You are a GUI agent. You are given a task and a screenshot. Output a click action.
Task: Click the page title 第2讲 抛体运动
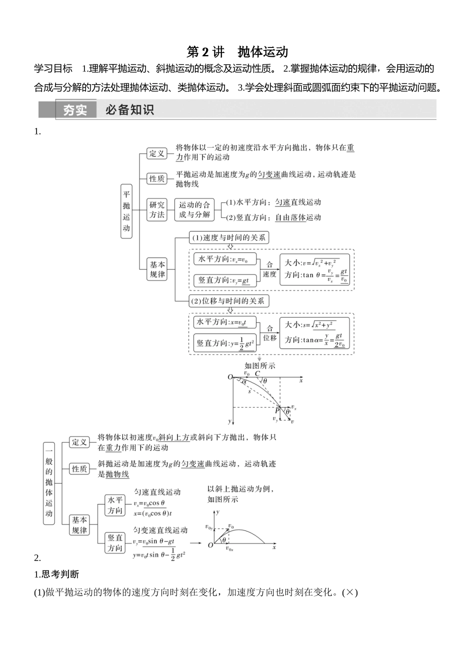click(237, 52)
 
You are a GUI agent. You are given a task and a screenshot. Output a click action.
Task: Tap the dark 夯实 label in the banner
click(75, 110)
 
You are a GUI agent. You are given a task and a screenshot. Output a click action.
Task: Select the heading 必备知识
click(129, 110)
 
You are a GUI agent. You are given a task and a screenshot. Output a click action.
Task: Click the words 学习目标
click(53, 68)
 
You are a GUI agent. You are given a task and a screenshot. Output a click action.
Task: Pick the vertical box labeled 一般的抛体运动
click(48, 483)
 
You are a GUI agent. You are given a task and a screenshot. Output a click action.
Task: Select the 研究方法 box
click(156, 209)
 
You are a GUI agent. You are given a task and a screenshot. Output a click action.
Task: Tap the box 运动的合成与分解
click(194, 209)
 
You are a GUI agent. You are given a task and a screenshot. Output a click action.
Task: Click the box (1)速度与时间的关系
click(228, 237)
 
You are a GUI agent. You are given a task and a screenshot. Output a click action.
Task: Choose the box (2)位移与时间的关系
click(229, 301)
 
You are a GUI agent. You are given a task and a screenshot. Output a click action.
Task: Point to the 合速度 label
click(269, 269)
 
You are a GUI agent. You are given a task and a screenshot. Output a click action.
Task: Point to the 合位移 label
click(269, 333)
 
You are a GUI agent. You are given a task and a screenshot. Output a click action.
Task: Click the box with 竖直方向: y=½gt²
click(225, 343)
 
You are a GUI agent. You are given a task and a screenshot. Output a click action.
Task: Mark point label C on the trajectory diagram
click(257, 373)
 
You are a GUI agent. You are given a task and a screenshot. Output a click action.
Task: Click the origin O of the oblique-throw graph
click(210, 545)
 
